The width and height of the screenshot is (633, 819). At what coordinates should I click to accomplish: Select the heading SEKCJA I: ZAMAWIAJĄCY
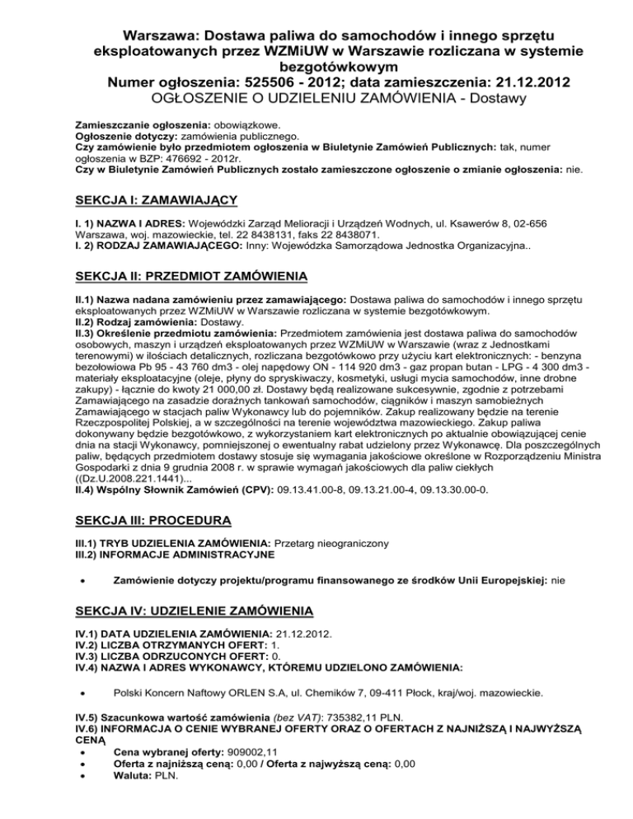154,200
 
